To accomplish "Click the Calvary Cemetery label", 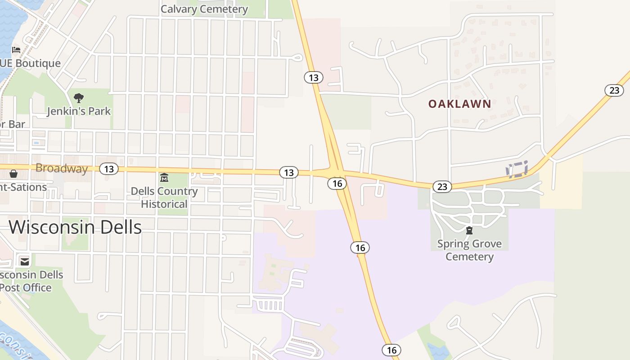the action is [x=204, y=9].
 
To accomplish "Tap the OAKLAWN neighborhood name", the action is [x=459, y=104].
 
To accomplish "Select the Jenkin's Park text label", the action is [x=79, y=111].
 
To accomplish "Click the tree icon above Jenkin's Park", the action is [x=79, y=98].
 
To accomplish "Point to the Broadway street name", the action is [x=61, y=168].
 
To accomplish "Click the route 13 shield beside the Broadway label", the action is [x=108, y=169].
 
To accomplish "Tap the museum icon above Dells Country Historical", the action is [x=164, y=178].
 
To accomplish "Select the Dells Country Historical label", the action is [x=164, y=198].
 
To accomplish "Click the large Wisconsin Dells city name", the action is [x=75, y=227].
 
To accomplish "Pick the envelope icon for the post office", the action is [x=24, y=261].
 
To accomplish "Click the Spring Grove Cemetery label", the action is [x=469, y=250].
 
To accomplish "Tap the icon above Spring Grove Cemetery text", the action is [x=469, y=231].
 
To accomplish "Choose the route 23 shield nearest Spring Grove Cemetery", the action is [x=442, y=186].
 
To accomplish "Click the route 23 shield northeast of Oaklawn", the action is [x=614, y=90].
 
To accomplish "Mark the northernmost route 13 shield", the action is [x=314, y=77].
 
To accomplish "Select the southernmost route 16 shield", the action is [x=391, y=350].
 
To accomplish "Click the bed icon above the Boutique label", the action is [x=16, y=49].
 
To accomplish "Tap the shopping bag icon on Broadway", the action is [x=13, y=174].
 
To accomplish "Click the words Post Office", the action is [x=26, y=288].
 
